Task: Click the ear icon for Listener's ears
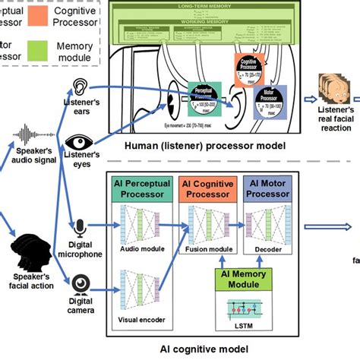[x=81, y=87]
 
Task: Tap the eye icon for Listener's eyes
[x=80, y=141]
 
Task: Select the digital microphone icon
[x=80, y=227]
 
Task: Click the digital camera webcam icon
[x=81, y=283]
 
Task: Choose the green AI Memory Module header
[x=239, y=279]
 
